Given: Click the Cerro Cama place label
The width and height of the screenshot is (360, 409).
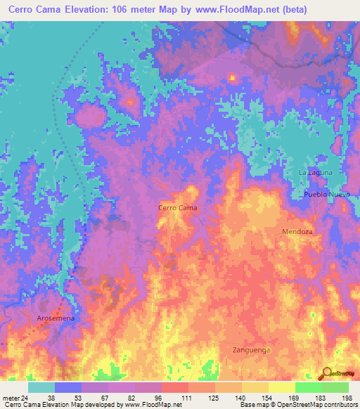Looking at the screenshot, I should coord(177,208).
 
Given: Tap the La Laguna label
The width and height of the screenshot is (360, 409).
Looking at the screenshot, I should coord(315,172).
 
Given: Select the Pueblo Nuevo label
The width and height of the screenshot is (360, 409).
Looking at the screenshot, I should coord(326,193).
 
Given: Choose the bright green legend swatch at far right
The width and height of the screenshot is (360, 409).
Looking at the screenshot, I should coord(335,387).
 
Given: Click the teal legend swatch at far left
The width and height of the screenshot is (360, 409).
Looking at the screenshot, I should coord(41,387).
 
